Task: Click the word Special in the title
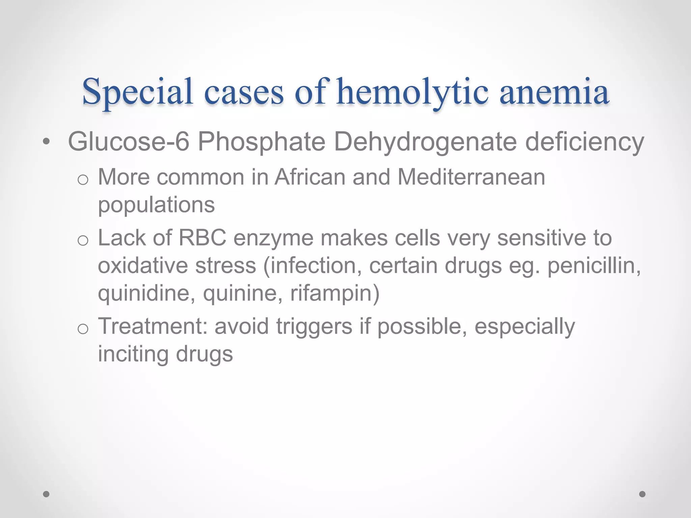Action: click(x=138, y=92)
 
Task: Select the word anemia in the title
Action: click(x=554, y=92)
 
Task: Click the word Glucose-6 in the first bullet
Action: click(x=129, y=142)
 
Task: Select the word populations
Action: click(x=156, y=205)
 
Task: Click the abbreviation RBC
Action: click(x=202, y=238)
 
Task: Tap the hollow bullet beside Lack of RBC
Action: click(x=83, y=241)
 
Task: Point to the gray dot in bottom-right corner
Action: click(x=642, y=494)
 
